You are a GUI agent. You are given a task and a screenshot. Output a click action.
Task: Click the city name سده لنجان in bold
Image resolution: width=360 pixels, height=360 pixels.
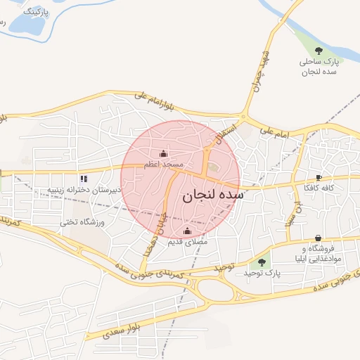[212, 196]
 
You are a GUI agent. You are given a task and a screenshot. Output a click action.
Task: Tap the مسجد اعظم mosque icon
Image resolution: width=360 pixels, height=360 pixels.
[164, 153]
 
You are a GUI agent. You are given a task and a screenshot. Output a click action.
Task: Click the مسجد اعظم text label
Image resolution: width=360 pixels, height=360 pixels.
[164, 164]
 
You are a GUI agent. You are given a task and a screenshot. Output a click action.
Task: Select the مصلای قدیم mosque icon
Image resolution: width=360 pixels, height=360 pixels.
[187, 231]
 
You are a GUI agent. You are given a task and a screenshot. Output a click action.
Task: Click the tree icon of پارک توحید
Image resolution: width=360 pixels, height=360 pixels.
[262, 262]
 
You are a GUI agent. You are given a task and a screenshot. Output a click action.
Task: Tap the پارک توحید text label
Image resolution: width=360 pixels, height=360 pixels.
[264, 272]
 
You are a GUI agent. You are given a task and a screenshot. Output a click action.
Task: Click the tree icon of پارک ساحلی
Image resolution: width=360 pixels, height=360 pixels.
[319, 51]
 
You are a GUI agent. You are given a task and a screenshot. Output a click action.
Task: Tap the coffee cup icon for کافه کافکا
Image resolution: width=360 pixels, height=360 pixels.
[319, 178]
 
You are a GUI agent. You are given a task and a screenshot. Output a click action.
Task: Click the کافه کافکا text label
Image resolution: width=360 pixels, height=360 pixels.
[319, 188]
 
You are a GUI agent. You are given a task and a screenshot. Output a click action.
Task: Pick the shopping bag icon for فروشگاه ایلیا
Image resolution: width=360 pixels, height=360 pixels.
[319, 238]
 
